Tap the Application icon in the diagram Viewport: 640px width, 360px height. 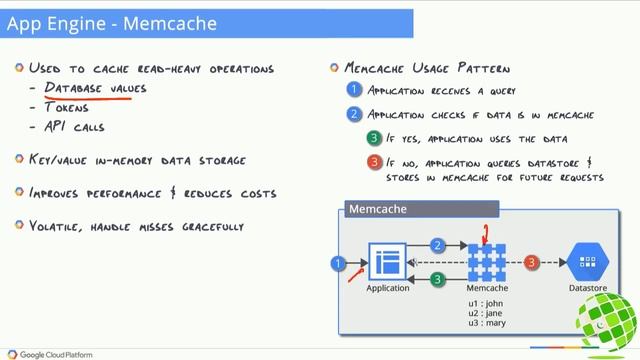pyautogui.click(x=387, y=263)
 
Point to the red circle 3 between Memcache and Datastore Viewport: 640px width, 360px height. pyautogui.click(x=532, y=262)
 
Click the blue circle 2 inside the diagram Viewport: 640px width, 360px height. pyautogui.click(x=438, y=246)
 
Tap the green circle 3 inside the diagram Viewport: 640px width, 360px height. pyautogui.click(x=437, y=280)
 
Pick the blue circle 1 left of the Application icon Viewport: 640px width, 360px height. pyautogui.click(x=339, y=263)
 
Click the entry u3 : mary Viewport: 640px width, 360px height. pyautogui.click(x=489, y=324)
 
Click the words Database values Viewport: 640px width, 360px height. pyautogui.click(x=95, y=89)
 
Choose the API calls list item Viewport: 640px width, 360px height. pyautogui.click(x=74, y=127)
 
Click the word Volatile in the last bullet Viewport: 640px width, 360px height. pyautogui.click(x=56, y=226)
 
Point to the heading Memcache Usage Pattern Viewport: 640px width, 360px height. pyautogui.click(x=427, y=69)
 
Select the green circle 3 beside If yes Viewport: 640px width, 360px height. pyautogui.click(x=373, y=138)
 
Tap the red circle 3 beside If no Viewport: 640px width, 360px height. pyautogui.click(x=373, y=162)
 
